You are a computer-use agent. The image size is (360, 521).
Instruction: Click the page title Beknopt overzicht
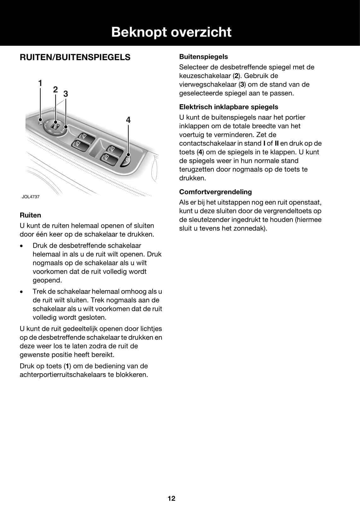[x=171, y=32]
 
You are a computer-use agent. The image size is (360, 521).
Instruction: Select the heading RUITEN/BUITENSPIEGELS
[x=75, y=57]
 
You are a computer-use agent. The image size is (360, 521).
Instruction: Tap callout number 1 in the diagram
[x=40, y=83]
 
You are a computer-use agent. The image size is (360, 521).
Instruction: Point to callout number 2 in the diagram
[x=55, y=90]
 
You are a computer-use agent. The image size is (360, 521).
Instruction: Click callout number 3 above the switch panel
[x=66, y=94]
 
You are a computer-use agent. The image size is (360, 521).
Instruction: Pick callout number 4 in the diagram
[x=128, y=120]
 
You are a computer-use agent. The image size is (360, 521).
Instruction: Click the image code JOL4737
[x=31, y=197]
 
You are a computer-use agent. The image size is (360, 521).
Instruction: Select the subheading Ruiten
[x=30, y=215]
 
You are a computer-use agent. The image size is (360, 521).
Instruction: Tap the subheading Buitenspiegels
[x=203, y=57]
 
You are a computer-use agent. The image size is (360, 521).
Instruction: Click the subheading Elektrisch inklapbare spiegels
[x=229, y=107]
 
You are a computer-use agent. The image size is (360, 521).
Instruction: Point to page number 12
[x=171, y=498]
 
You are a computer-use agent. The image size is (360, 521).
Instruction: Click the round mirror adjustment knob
[x=55, y=126]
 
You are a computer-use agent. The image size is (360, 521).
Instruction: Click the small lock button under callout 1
[x=40, y=120]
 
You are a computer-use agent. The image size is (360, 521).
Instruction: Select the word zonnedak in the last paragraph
[x=251, y=228]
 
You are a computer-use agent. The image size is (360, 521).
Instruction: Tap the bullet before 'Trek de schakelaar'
[x=21, y=292]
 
